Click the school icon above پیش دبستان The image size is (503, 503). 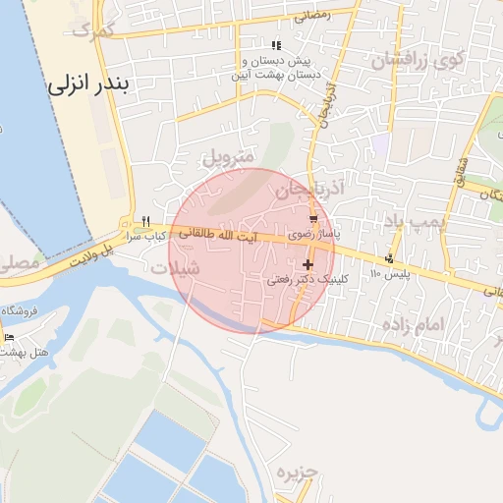277,45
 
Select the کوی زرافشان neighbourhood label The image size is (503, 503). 413,61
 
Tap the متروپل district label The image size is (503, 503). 228,156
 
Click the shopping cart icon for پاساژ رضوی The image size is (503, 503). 312,220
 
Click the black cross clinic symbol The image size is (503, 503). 308,264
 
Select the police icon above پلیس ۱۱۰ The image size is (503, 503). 390,259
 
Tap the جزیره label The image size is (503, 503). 298,472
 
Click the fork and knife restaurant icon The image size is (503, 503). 145,221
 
